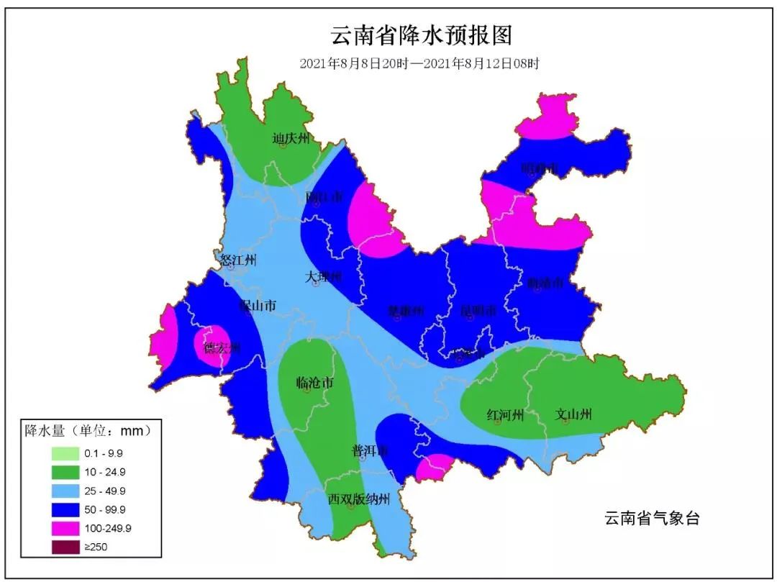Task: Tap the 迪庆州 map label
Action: pyautogui.click(x=291, y=138)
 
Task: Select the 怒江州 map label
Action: pyautogui.click(x=238, y=260)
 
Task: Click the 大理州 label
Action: pyautogui.click(x=322, y=277)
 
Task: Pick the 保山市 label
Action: pyautogui.click(x=258, y=306)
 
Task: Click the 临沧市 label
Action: pyautogui.click(x=314, y=383)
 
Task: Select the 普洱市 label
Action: pyautogui.click(x=370, y=450)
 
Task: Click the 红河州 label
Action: pyautogui.click(x=505, y=414)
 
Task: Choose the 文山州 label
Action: pyautogui.click(x=573, y=414)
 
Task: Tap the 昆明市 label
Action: pyautogui.click(x=478, y=312)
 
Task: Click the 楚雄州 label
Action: pyautogui.click(x=406, y=312)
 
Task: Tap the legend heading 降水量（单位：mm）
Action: pyautogui.click(x=88, y=432)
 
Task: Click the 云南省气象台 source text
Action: pyautogui.click(x=651, y=518)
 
